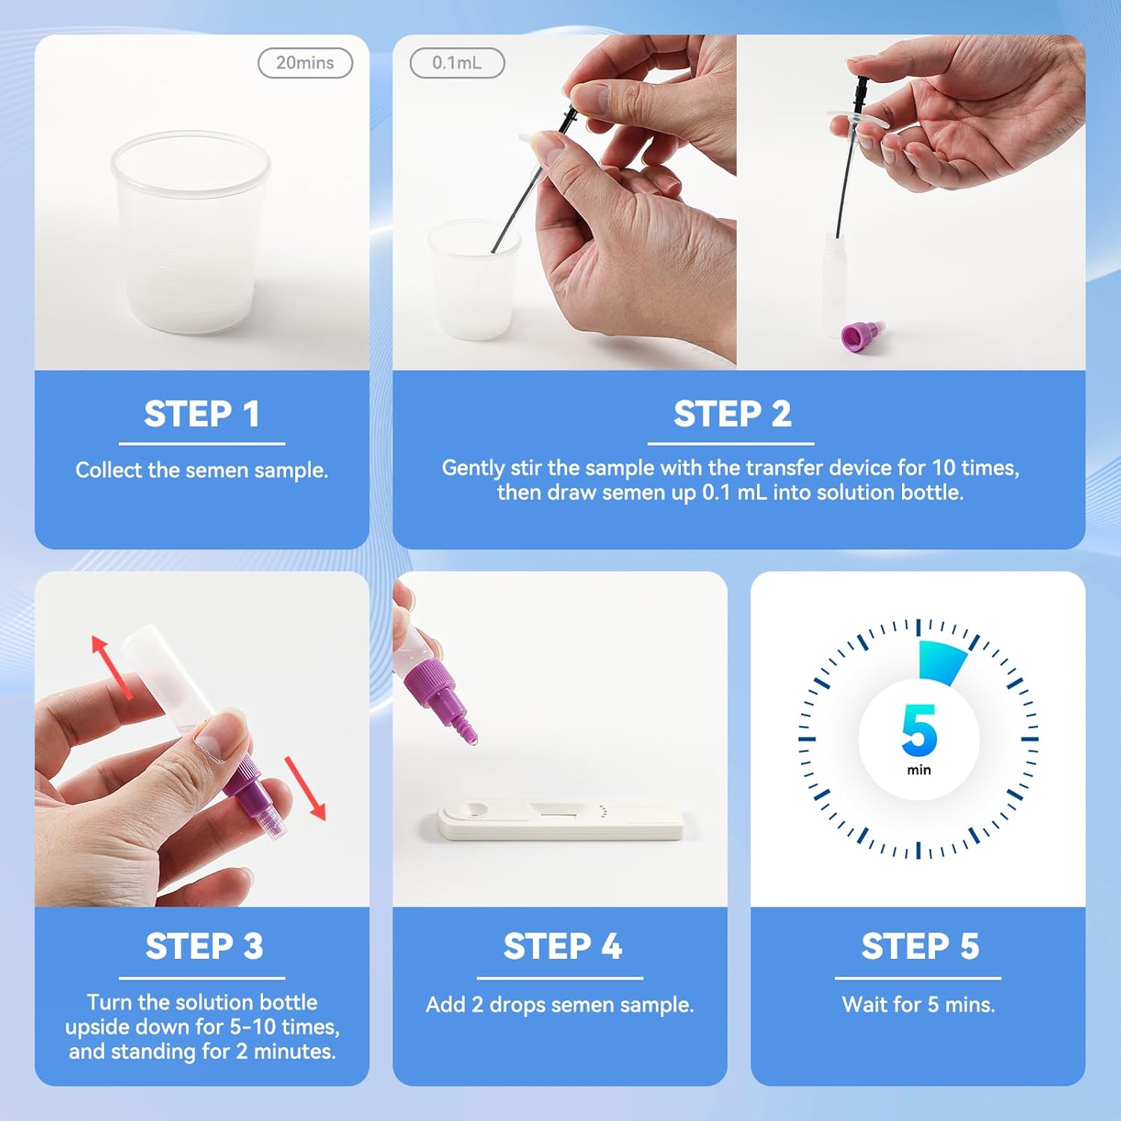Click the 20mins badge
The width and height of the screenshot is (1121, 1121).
[305, 64]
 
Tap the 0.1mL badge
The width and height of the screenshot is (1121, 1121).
[457, 64]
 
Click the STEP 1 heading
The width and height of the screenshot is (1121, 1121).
[202, 414]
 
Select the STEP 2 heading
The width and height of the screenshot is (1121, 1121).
[732, 414]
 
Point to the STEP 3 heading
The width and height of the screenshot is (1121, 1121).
[203, 946]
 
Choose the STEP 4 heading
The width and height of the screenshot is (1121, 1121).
[562, 946]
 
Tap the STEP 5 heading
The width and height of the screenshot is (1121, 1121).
[919, 946]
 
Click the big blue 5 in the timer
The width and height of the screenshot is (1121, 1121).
[919, 730]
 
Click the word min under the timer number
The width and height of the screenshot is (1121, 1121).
[918, 770]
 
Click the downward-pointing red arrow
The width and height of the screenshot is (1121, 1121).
[306, 788]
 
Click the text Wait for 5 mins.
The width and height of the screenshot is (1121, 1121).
[918, 1004]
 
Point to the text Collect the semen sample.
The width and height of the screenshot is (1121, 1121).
[202, 470]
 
